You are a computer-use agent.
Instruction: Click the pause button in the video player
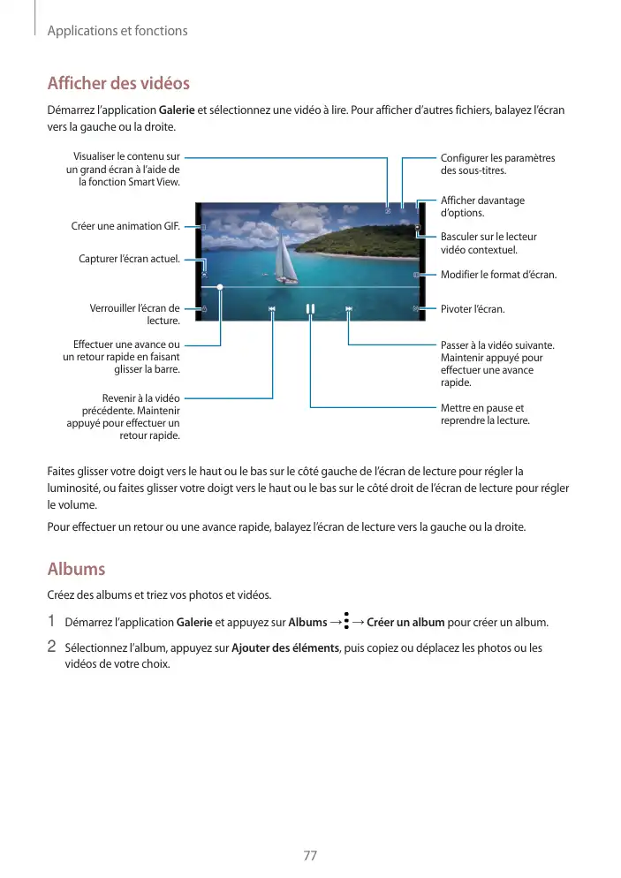tap(310, 309)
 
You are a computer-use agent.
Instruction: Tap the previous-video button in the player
tap(272, 309)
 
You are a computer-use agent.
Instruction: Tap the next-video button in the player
tap(349, 309)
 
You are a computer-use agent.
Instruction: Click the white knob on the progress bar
tap(220, 287)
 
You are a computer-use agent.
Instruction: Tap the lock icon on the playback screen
tap(204, 309)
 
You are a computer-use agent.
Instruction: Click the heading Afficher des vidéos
tap(117, 84)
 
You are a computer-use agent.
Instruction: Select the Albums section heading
tap(76, 568)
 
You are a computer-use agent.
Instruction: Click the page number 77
tap(310, 855)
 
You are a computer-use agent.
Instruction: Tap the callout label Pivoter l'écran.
tap(473, 309)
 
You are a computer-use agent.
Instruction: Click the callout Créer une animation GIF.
tap(125, 226)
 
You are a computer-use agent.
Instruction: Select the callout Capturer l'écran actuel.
tap(129, 259)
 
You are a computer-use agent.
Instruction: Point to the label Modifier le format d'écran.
tap(498, 275)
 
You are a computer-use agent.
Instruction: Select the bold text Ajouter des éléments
tap(284, 647)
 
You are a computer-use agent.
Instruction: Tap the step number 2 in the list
tap(51, 647)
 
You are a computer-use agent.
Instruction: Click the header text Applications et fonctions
tap(117, 31)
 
